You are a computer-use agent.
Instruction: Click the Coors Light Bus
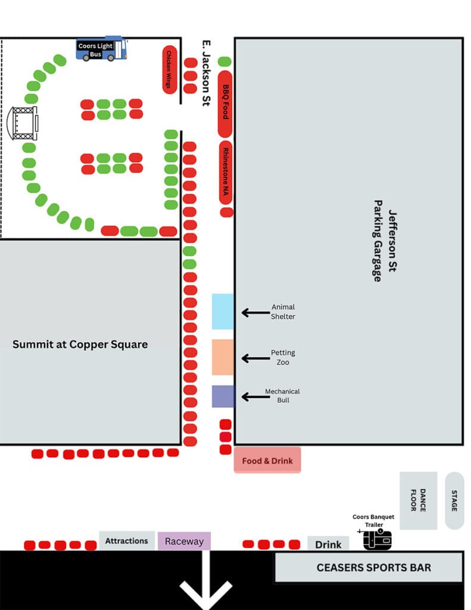pyautogui.click(x=102, y=49)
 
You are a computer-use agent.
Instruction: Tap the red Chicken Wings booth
pyautogui.click(x=169, y=70)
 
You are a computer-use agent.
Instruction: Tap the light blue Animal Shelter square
pyautogui.click(x=223, y=311)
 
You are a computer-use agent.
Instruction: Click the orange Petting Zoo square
pyautogui.click(x=223, y=357)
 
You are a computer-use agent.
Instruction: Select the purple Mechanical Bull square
pyautogui.click(x=223, y=396)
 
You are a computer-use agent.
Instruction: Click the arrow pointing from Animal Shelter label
pyautogui.click(x=255, y=312)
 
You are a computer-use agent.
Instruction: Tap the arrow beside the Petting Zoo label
pyautogui.click(x=255, y=358)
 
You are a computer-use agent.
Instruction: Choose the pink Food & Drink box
pyautogui.click(x=267, y=460)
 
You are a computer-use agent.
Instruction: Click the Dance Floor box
pyautogui.click(x=418, y=500)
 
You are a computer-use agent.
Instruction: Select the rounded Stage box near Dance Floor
pyautogui.click(x=454, y=500)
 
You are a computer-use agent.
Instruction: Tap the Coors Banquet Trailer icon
pyautogui.click(x=378, y=539)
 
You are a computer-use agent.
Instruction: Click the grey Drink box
pyautogui.click(x=328, y=544)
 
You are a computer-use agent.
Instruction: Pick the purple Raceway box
pyautogui.click(x=184, y=541)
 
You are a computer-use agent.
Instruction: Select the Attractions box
pyautogui.click(x=126, y=541)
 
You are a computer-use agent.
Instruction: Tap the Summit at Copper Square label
pyautogui.click(x=80, y=344)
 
